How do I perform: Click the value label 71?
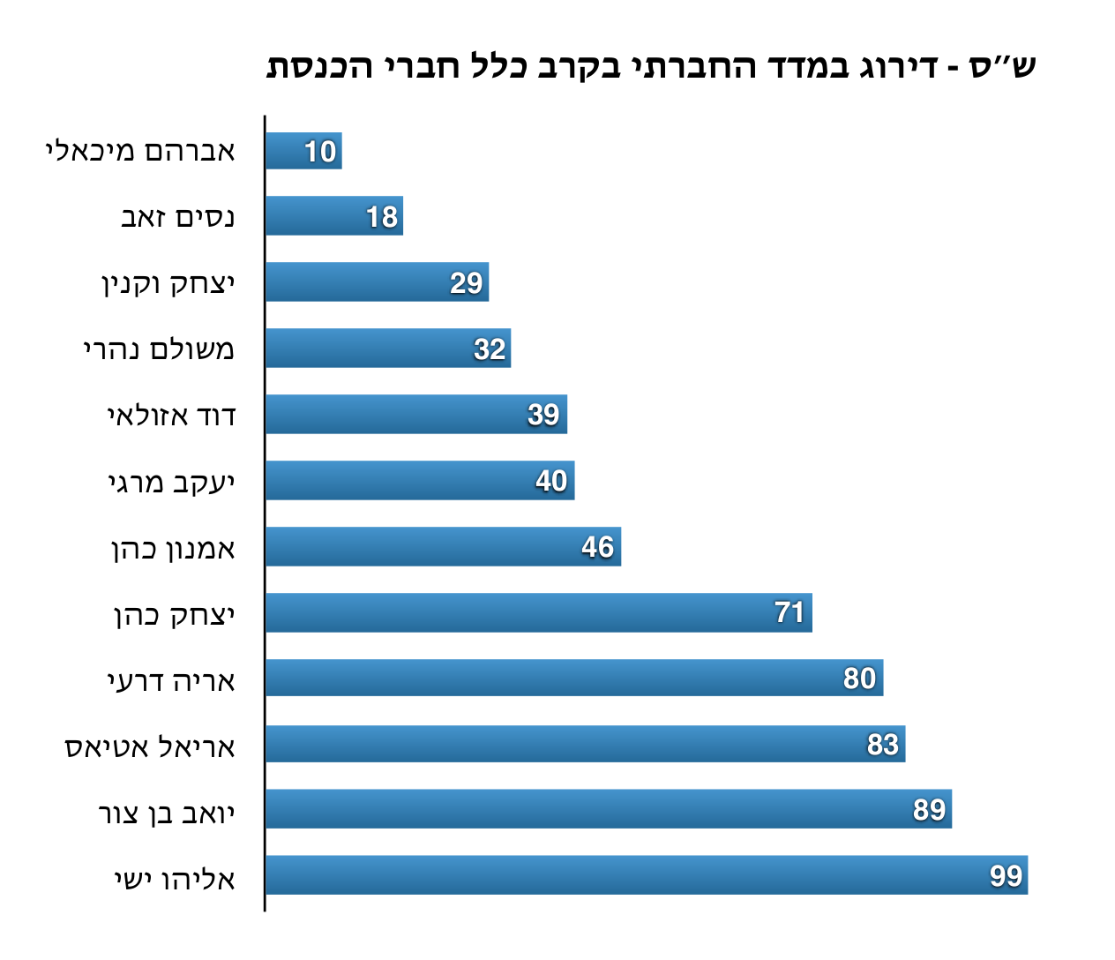[x=789, y=612]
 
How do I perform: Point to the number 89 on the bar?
[x=929, y=809]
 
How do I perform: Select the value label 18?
[x=382, y=216]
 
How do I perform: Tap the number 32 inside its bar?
[x=490, y=349]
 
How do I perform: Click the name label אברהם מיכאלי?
[x=140, y=152]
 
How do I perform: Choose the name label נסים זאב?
[x=177, y=217]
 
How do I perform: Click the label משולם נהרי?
[x=159, y=349]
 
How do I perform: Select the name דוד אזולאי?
[x=171, y=416]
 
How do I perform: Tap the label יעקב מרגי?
[x=171, y=483]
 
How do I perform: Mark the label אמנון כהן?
[x=173, y=549]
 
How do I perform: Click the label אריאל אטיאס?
[x=150, y=747]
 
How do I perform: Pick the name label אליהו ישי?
[x=175, y=880]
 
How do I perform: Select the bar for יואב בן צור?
[x=609, y=809]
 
